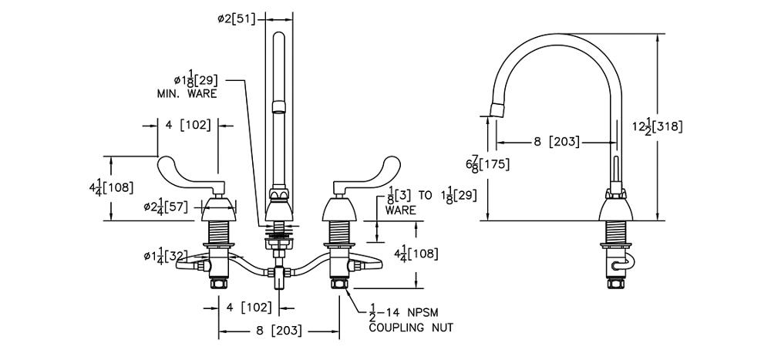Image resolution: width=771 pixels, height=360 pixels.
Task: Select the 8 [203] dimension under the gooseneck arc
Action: [554, 142]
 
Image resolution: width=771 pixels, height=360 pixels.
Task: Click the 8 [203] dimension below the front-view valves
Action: [280, 332]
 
